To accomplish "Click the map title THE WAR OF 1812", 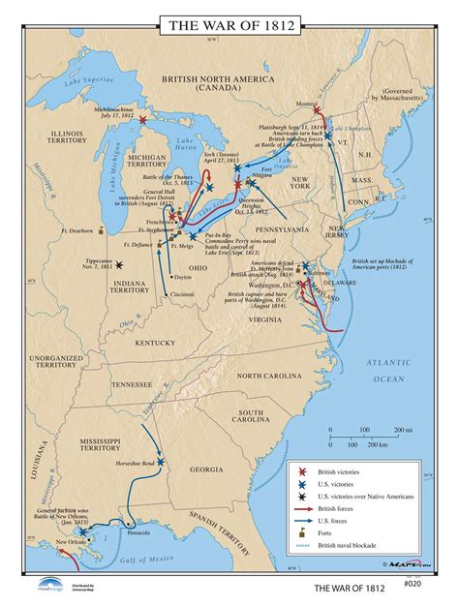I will pos(229,21).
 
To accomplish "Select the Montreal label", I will pos(306,105).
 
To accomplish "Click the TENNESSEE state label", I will pos(132,384).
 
